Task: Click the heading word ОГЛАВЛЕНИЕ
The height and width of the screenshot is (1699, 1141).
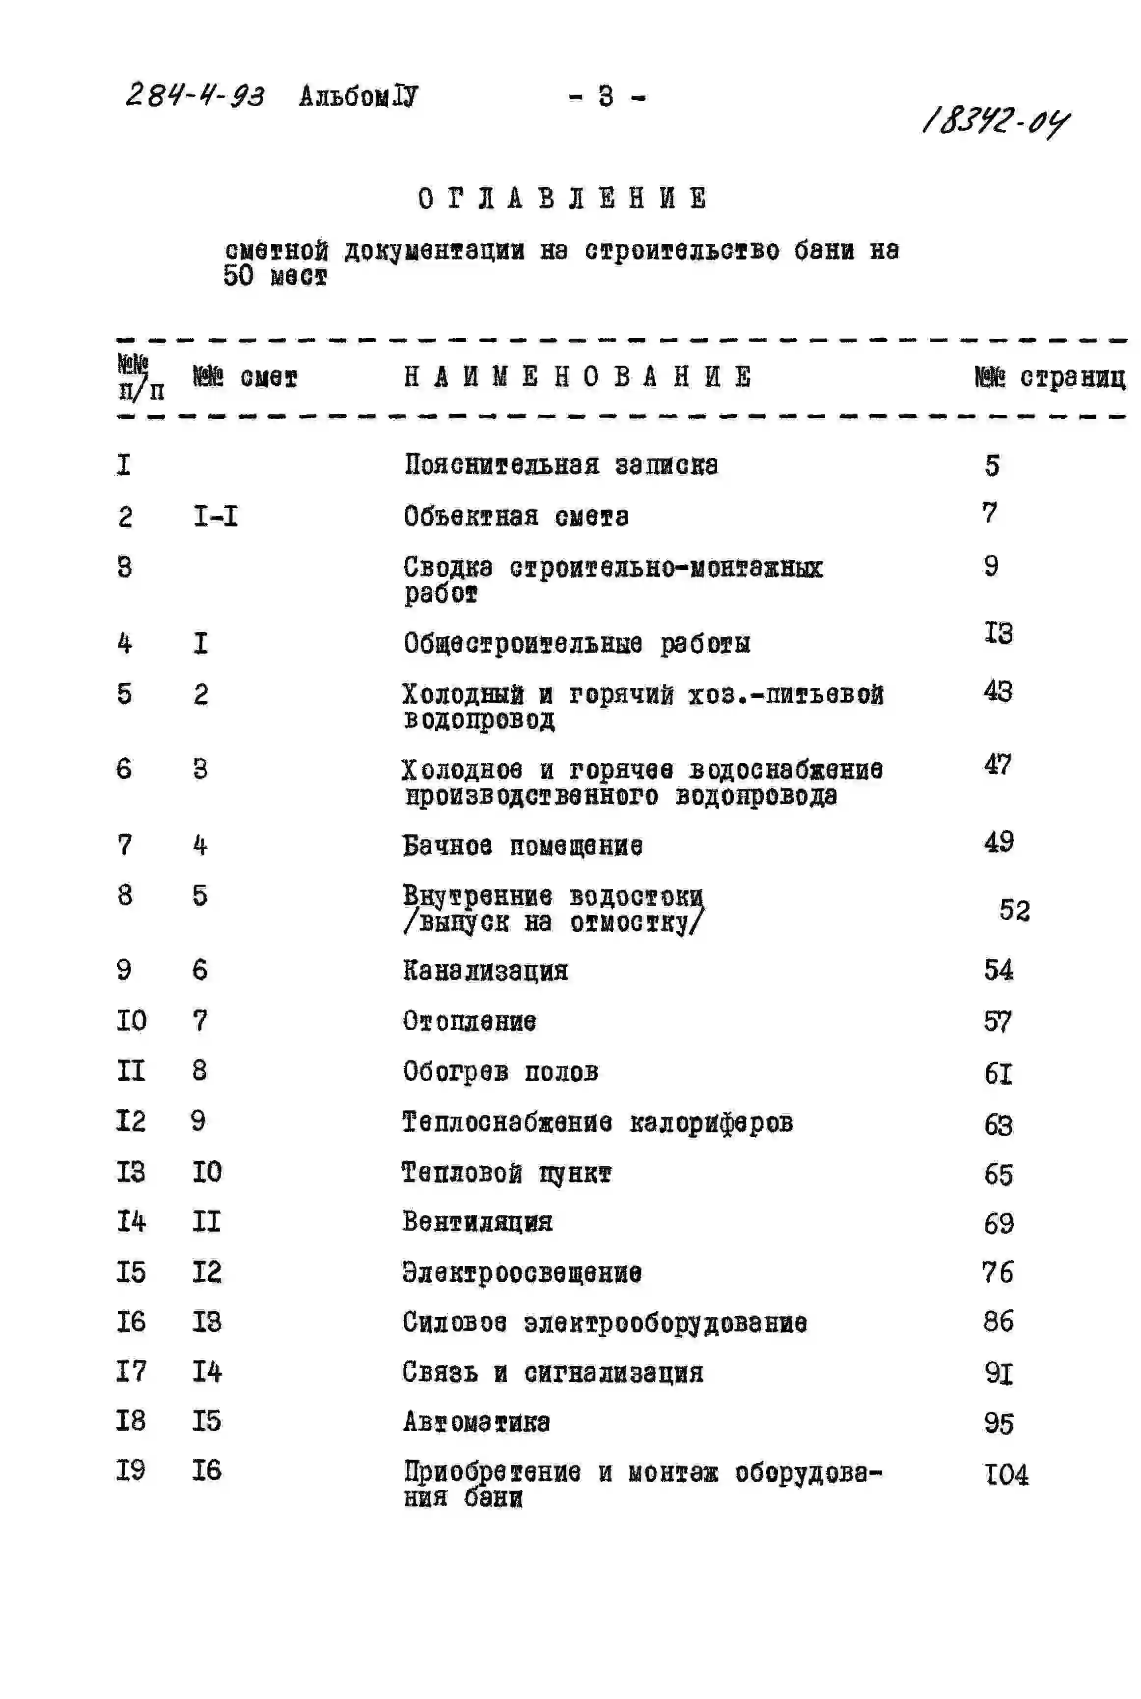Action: pyautogui.click(x=562, y=198)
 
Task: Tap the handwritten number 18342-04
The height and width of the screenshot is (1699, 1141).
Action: pyautogui.click(x=995, y=121)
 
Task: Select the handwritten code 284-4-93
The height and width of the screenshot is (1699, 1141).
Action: pyautogui.click(x=195, y=95)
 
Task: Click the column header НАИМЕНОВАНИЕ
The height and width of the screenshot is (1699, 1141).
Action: pyautogui.click(x=577, y=376)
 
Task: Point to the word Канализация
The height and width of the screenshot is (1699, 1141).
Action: pyautogui.click(x=485, y=970)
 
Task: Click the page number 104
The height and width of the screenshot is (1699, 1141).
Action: pyautogui.click(x=1006, y=1474)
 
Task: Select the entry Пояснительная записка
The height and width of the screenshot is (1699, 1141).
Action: pyautogui.click(x=561, y=464)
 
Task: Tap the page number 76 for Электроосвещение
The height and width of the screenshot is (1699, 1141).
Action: pyautogui.click(x=997, y=1272)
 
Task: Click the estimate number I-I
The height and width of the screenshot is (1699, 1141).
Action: pyautogui.click(x=216, y=516)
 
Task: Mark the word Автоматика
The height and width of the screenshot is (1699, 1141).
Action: pyautogui.click(x=476, y=1422)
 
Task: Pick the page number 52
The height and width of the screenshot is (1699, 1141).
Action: pyautogui.click(x=1014, y=910)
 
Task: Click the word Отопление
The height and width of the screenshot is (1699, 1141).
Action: pyautogui.click(x=470, y=1021)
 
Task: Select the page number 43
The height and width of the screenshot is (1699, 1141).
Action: pyautogui.click(x=998, y=691)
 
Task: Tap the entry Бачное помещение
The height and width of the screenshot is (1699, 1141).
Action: pyautogui.click(x=523, y=845)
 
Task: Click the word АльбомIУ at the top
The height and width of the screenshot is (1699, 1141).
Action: pyautogui.click(x=358, y=95)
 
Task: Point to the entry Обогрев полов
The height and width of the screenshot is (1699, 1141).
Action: pyautogui.click(x=501, y=1071)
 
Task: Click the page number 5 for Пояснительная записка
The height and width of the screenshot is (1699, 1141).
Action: pyautogui.click(x=992, y=464)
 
